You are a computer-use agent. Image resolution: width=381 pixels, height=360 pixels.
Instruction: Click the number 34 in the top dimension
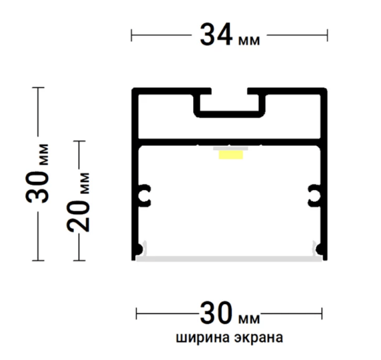(216, 35)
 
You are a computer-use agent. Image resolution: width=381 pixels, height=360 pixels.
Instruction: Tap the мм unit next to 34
(249, 41)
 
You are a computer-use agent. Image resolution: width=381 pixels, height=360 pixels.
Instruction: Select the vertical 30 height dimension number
(37, 187)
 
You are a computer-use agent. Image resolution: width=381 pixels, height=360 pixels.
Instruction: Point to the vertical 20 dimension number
(78, 216)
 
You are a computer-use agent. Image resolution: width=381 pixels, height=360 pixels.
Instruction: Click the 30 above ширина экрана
(216, 313)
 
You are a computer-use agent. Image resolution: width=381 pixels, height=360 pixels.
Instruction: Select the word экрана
(259, 338)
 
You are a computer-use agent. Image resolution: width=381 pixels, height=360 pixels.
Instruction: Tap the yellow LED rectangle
(231, 155)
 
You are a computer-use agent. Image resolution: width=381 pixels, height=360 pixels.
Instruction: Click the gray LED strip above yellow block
(230, 149)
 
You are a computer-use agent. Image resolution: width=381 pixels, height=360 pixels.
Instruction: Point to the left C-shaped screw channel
(144, 195)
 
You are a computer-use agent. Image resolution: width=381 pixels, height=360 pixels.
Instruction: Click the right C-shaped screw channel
(314, 195)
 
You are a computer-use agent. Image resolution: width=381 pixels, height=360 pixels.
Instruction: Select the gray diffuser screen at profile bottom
(229, 259)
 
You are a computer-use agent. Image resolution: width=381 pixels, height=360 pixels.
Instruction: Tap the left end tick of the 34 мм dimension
(131, 35)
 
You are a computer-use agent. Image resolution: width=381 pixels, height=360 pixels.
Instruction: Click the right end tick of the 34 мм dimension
(327, 35)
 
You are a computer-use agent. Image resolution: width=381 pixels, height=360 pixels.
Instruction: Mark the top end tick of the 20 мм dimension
(79, 141)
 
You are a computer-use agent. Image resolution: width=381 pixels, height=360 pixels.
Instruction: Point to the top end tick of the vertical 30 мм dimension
(38, 87)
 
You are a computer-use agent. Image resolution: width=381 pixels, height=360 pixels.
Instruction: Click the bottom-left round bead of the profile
(139, 249)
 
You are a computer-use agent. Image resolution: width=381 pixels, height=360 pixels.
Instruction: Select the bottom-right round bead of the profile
(320, 249)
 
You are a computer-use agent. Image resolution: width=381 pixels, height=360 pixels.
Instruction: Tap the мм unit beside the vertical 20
(85, 183)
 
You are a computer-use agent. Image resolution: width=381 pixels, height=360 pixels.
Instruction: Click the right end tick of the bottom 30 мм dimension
(322, 313)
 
